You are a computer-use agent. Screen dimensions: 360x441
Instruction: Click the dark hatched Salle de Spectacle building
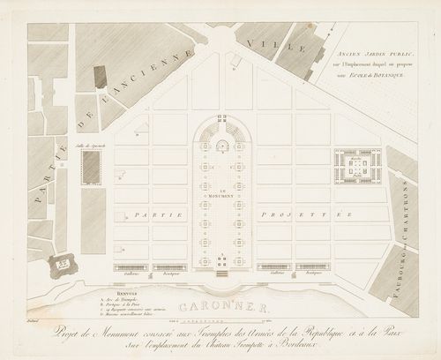click(89, 167)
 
